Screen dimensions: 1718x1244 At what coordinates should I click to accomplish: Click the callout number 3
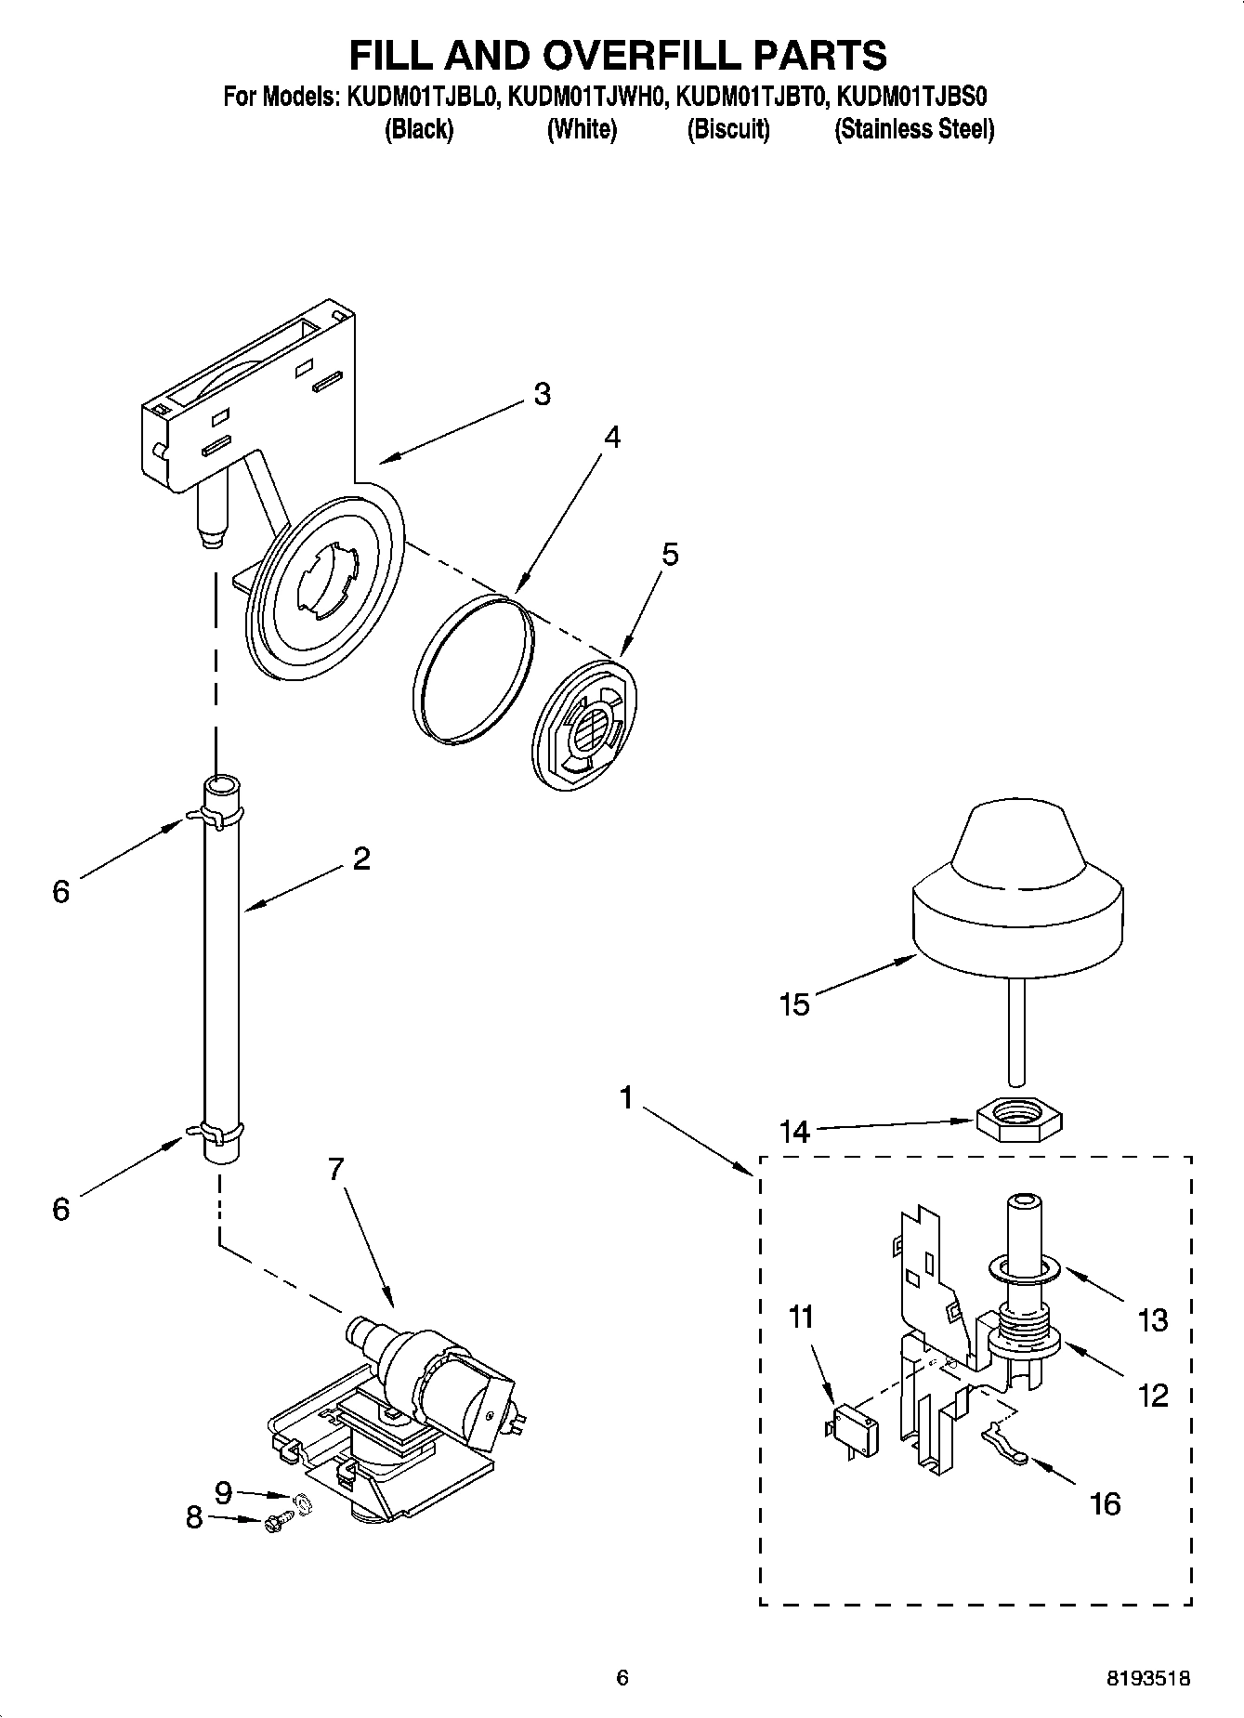pyautogui.click(x=543, y=394)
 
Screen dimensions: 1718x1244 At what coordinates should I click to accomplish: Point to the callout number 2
pyautogui.click(x=361, y=858)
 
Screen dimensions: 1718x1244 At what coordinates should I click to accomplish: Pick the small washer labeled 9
pyautogui.click(x=301, y=1502)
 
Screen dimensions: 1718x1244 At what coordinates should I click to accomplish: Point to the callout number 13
pyautogui.click(x=1153, y=1319)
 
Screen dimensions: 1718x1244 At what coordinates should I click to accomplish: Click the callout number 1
pyautogui.click(x=626, y=1099)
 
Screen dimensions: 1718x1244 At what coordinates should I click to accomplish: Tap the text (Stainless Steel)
pyautogui.click(x=913, y=129)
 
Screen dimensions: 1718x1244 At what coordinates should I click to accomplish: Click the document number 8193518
pyautogui.click(x=1148, y=1678)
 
